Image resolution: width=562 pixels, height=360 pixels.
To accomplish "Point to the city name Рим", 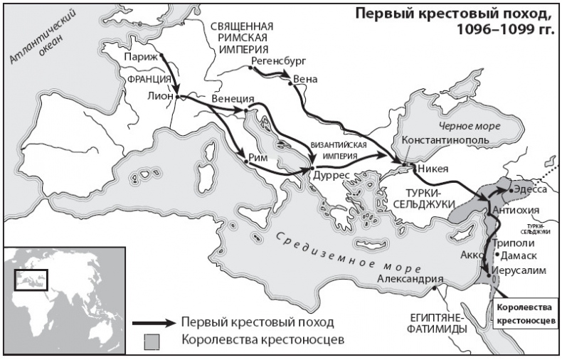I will click(x=259, y=158).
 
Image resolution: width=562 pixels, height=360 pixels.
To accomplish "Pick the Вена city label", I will click(x=306, y=78).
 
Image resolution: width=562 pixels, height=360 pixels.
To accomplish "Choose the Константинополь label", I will click(x=445, y=140).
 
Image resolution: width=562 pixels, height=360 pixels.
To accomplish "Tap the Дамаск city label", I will click(x=521, y=255).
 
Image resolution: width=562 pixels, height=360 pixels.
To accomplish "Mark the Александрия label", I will click(x=410, y=279).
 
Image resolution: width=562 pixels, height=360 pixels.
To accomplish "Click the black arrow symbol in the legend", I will click(x=156, y=322).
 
